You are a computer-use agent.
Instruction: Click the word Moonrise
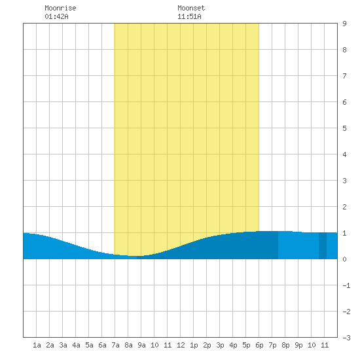(60, 8)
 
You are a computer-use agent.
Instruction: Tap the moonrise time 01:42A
(56, 16)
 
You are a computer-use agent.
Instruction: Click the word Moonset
(191, 8)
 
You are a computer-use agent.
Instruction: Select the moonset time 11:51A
(189, 16)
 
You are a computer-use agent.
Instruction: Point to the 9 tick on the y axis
(344, 24)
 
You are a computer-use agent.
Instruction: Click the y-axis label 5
(344, 128)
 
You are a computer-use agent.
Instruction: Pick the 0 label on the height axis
(344, 259)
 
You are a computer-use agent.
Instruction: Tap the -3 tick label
(346, 338)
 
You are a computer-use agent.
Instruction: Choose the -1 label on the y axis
(346, 285)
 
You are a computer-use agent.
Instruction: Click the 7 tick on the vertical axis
(344, 76)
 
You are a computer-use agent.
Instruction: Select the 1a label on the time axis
(37, 345)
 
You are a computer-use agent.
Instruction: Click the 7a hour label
(115, 345)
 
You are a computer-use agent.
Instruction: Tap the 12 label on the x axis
(181, 345)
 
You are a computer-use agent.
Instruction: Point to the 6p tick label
(259, 345)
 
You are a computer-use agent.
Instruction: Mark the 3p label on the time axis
(220, 345)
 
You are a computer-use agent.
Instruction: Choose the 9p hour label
(298, 345)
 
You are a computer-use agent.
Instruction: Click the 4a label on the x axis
(76, 345)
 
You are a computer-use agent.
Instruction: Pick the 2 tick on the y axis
(344, 207)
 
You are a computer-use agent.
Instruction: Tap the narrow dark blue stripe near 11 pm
(323, 245)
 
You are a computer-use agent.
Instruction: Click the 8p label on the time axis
(285, 345)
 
